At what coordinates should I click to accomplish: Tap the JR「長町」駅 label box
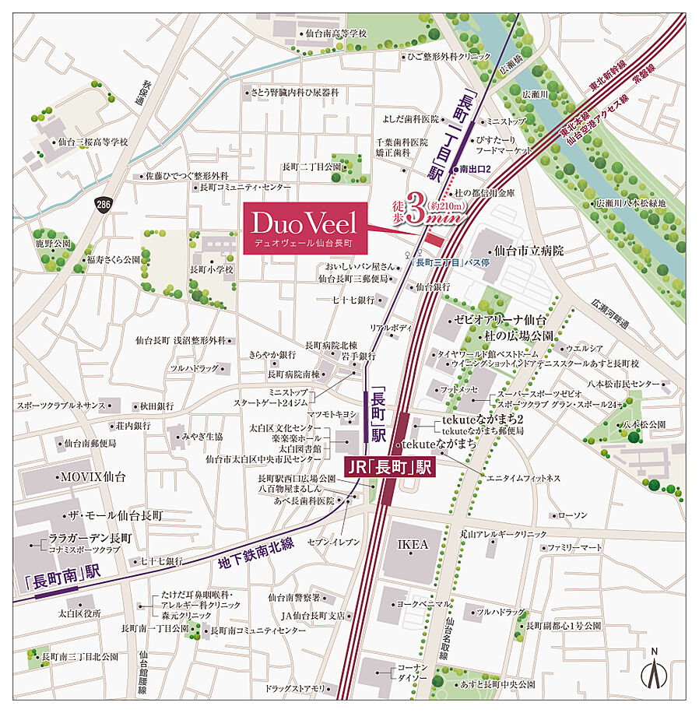tap(388, 468)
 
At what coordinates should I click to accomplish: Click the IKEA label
tap(413, 544)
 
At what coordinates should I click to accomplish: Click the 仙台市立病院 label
tap(529, 251)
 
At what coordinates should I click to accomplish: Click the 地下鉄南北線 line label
tap(257, 553)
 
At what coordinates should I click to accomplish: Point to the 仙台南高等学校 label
tap(336, 33)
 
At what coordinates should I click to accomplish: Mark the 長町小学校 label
tap(211, 269)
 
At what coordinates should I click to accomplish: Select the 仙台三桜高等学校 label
tap(93, 142)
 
